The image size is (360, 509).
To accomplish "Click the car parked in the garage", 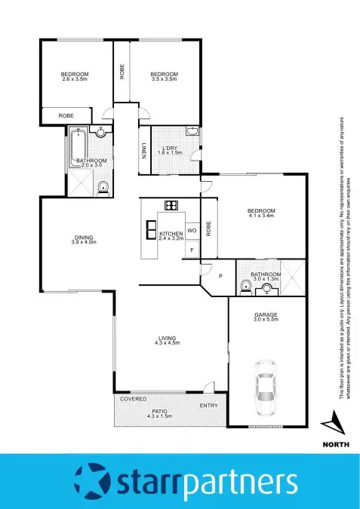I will click(265, 387).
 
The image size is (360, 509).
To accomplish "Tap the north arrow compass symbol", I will click(334, 422).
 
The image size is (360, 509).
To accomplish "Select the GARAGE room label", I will click(266, 316).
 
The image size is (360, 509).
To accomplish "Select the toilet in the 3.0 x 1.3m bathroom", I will click(245, 286).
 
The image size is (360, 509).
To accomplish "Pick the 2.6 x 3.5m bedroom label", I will click(75, 75).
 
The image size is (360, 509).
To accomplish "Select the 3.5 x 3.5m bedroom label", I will click(165, 75).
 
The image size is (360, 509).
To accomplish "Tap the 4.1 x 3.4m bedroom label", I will click(261, 213).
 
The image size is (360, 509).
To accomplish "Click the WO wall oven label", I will click(192, 230).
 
